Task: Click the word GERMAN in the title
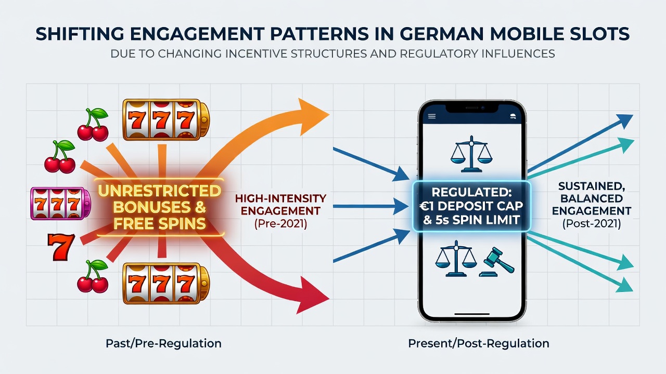pyautogui.click(x=438, y=34)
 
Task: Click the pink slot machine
pyautogui.click(x=61, y=204)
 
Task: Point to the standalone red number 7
pyautogui.click(x=61, y=247)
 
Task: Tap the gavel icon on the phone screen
pyautogui.click(x=497, y=262)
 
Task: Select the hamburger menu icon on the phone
pyautogui.click(x=432, y=116)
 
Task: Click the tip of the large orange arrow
pyautogui.click(x=329, y=114)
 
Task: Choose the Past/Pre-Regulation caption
pyautogui.click(x=163, y=343)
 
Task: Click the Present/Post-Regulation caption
pyautogui.click(x=479, y=343)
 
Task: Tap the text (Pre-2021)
pyautogui.click(x=280, y=223)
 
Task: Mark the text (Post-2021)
pyautogui.click(x=592, y=223)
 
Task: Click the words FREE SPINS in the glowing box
pyautogui.click(x=160, y=223)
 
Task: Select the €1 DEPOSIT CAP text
pyautogui.click(x=471, y=206)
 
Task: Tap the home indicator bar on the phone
pyautogui.click(x=472, y=314)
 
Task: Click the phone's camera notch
pyautogui.click(x=472, y=108)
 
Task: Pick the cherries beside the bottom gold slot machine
pyautogui.click(x=93, y=276)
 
